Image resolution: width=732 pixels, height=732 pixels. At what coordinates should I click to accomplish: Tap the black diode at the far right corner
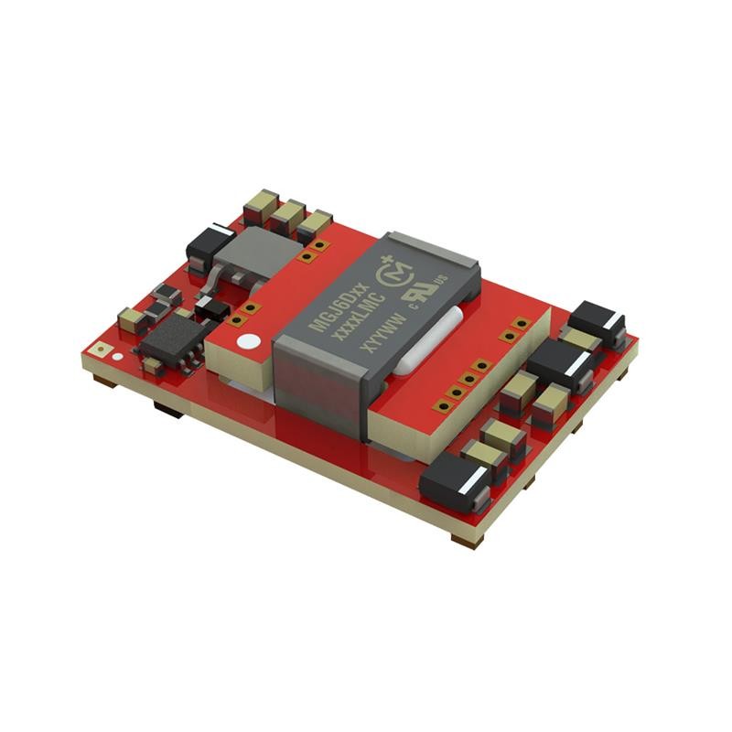coord(596,321)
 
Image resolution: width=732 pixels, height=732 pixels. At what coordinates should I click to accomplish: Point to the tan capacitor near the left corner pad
coord(132,319)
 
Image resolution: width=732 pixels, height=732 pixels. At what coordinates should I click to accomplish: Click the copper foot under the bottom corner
coord(465,540)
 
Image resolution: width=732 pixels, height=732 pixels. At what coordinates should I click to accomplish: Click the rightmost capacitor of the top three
coord(314,224)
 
